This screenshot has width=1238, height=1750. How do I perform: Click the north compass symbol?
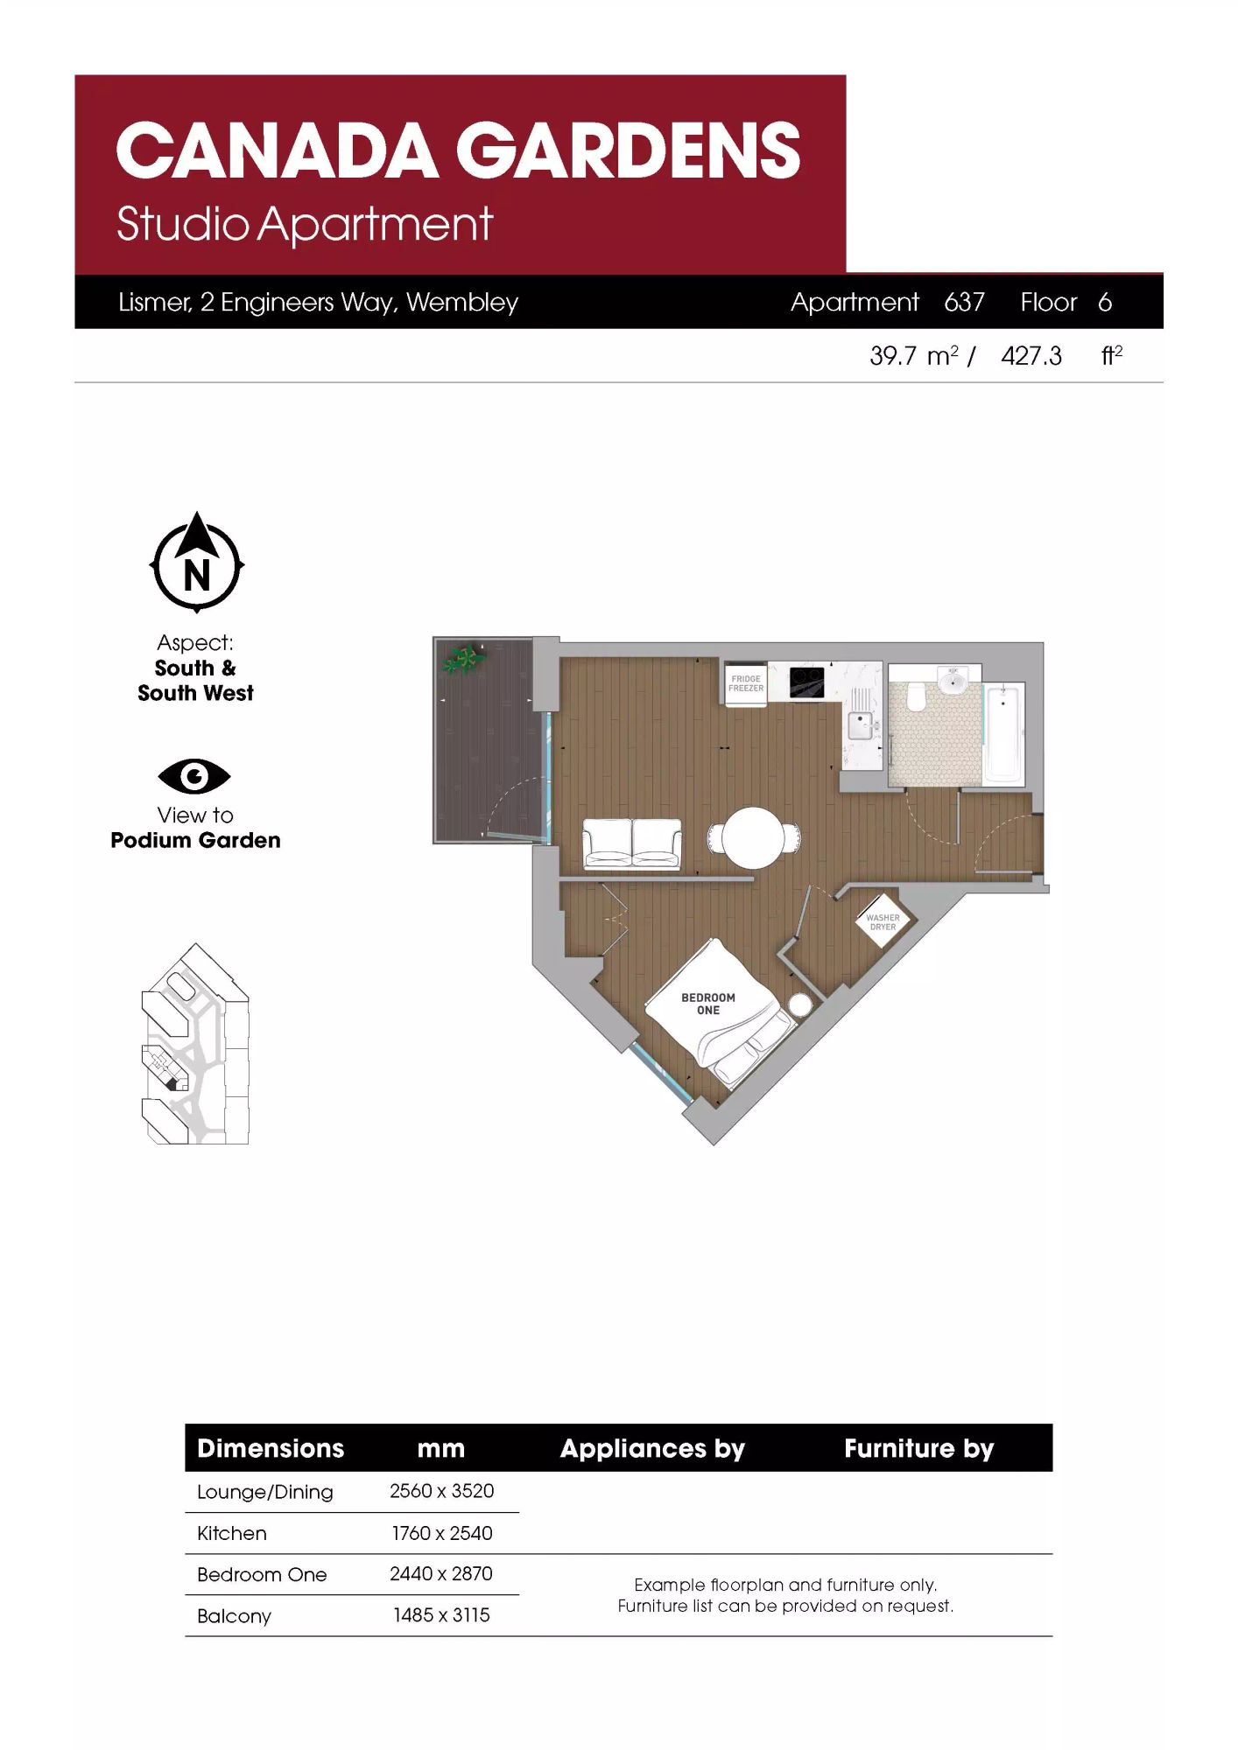pyautogui.click(x=197, y=563)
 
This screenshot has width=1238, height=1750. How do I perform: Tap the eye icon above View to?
pyautogui.click(x=194, y=776)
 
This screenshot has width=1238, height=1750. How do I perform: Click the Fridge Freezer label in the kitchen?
pyautogui.click(x=746, y=683)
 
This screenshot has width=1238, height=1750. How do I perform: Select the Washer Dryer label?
pyautogui.click(x=883, y=922)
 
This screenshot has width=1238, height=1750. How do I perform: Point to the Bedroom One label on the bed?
pyautogui.click(x=708, y=1004)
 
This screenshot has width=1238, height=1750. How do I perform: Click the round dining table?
pyautogui.click(x=754, y=837)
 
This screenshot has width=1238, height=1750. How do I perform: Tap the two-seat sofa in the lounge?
pyautogui.click(x=632, y=843)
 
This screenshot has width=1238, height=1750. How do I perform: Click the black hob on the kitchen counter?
pyautogui.click(x=806, y=682)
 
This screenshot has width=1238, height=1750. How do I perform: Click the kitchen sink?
pyautogui.click(x=862, y=724)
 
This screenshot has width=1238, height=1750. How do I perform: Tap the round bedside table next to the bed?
pyautogui.click(x=800, y=1004)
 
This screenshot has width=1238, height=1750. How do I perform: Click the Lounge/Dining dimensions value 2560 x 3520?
pyautogui.click(x=441, y=1491)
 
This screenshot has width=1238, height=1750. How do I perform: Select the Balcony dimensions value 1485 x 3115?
pyautogui.click(x=441, y=1615)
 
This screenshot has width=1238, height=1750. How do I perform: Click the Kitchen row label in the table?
pyautogui.click(x=232, y=1533)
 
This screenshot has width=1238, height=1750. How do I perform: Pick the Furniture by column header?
pyautogui.click(x=919, y=1449)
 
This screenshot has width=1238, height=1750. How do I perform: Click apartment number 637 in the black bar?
pyautogui.click(x=965, y=302)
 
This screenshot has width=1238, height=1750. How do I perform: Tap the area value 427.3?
pyautogui.click(x=1031, y=356)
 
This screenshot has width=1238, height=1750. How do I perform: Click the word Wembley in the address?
pyautogui.click(x=462, y=303)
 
